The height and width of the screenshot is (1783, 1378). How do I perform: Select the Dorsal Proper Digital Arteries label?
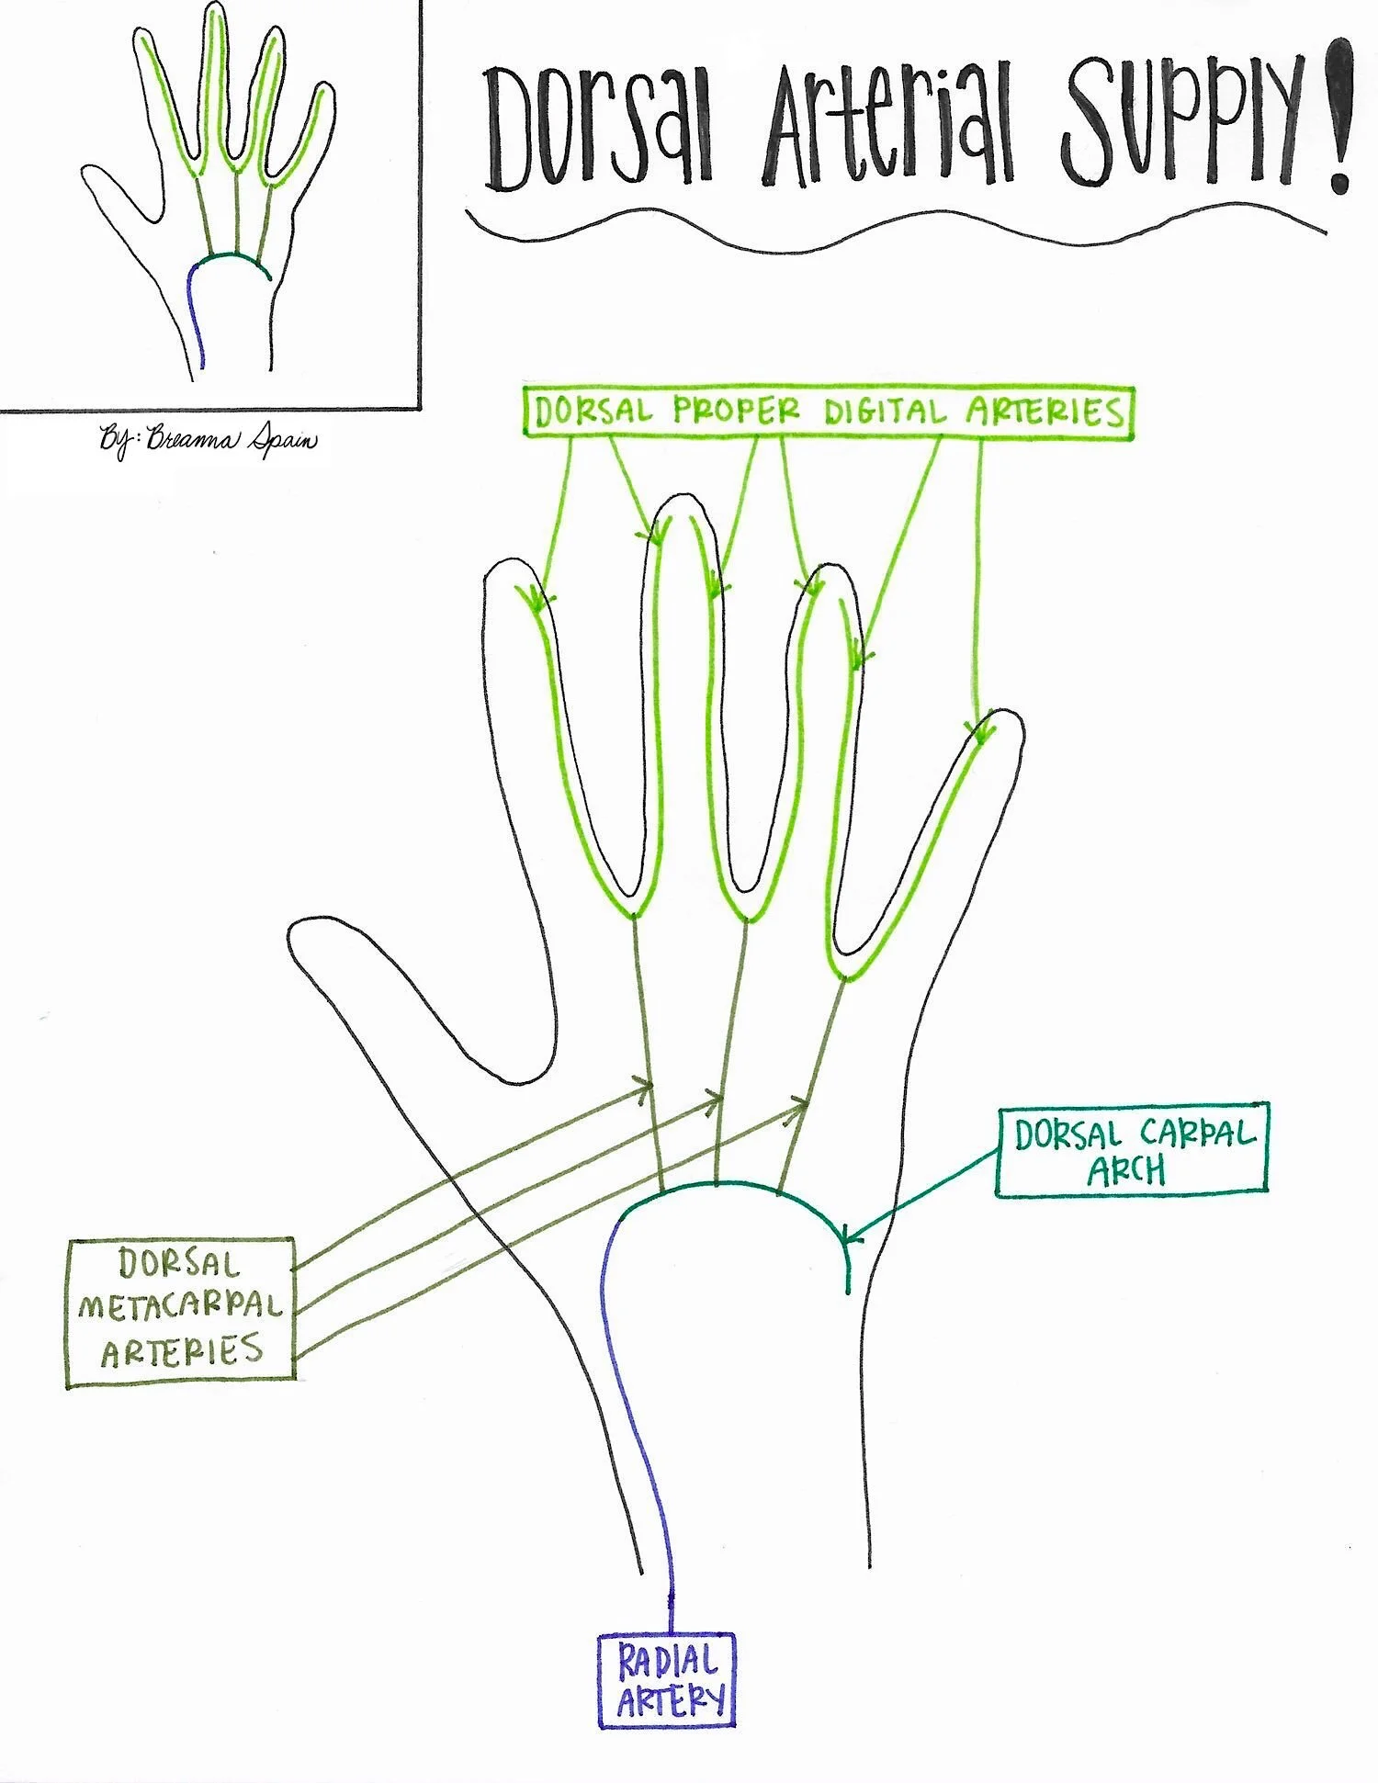829,412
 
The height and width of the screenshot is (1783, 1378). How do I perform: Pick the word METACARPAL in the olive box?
181,1306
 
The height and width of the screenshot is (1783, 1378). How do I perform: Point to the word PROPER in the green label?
736,411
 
